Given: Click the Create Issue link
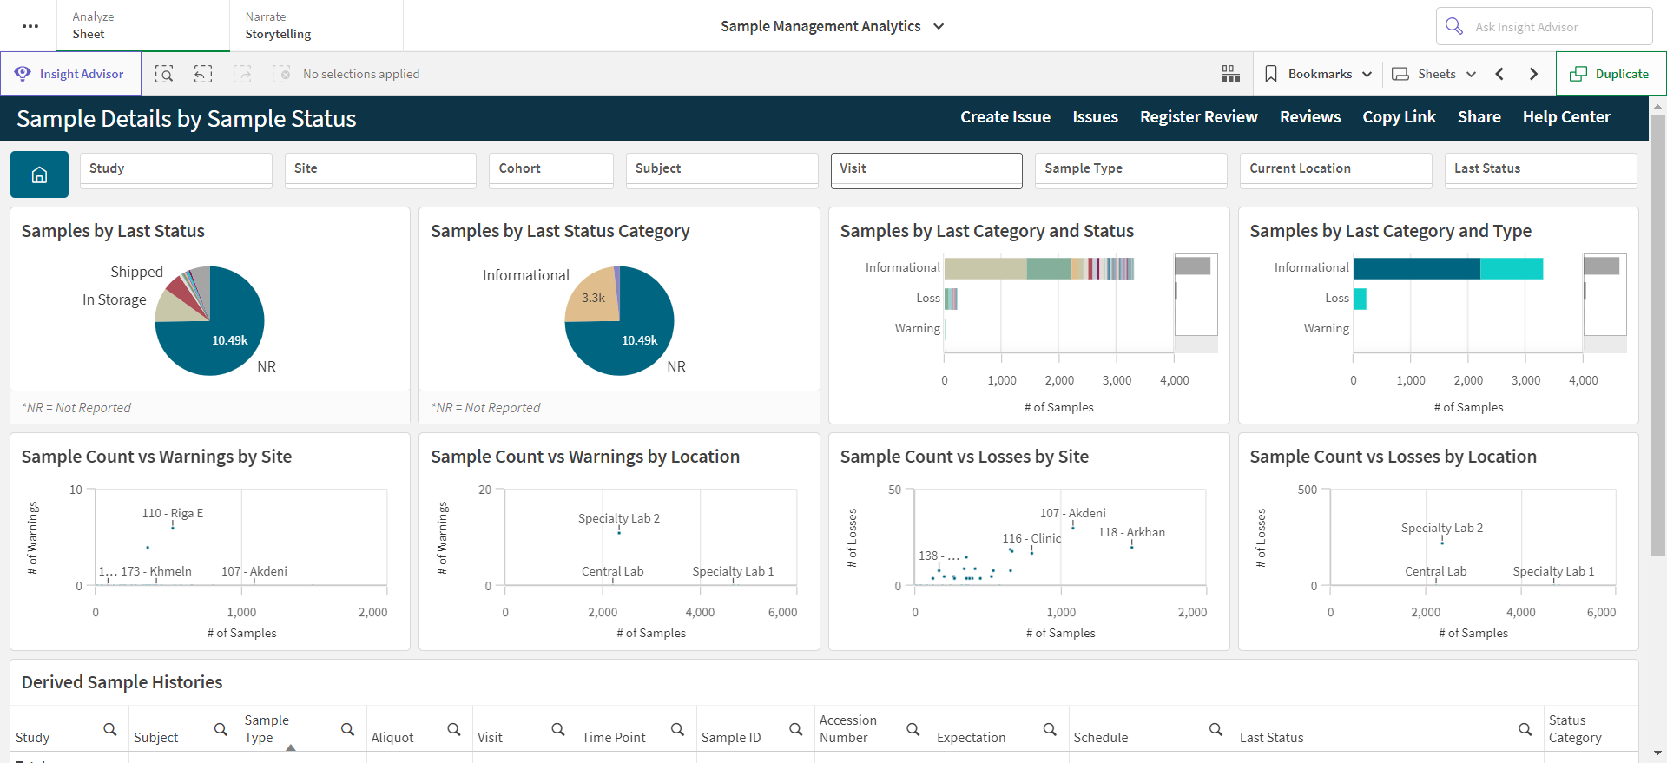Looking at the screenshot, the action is coord(1005,117).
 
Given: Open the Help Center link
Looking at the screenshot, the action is coord(1566,117).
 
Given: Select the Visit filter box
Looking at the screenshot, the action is coord(926,170).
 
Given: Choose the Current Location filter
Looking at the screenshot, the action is coord(1335,170).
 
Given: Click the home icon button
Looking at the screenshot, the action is coord(39,174).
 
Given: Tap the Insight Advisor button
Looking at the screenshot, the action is coord(70,74).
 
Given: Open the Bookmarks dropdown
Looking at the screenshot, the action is coord(1318,74).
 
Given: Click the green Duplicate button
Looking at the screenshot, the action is coord(1611,74).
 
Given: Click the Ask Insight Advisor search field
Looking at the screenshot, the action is coord(1544,27).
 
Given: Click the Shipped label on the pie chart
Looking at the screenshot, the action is coord(136,272).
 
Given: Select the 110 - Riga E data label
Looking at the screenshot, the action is coord(173,513).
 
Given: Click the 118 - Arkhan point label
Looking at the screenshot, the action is coord(1131,532).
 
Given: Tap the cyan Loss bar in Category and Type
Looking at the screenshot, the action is coord(1360,299).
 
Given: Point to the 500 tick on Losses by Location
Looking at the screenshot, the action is coord(1307,490).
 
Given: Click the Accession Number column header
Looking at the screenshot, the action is coord(847,729).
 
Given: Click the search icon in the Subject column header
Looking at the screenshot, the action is coord(221,730).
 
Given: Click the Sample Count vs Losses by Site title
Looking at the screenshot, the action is coord(964,457).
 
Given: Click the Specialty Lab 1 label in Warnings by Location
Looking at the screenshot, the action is coord(733,571).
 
